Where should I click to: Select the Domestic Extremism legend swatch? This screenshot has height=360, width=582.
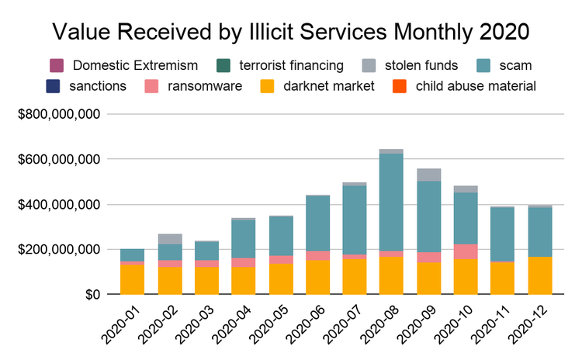click(55, 64)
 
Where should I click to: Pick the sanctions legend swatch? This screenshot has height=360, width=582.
click(55, 85)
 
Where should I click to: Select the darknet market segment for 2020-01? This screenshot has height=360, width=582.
click(132, 279)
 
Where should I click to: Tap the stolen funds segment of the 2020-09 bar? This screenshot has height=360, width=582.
click(428, 175)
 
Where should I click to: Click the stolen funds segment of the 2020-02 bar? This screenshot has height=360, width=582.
click(169, 239)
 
